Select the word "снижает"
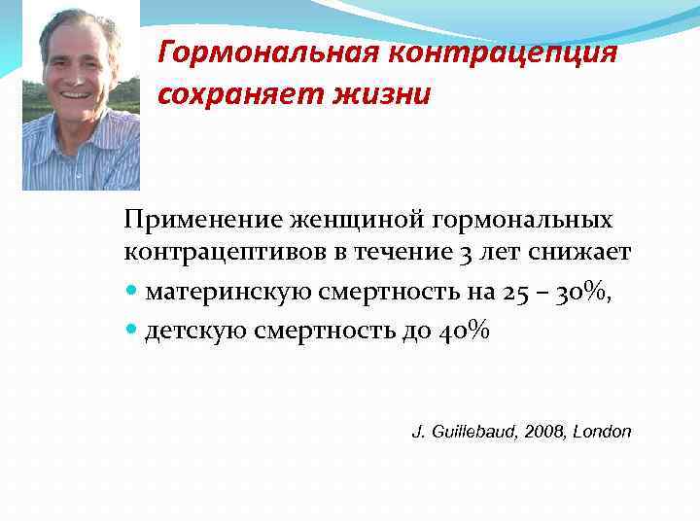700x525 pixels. pos(583,254)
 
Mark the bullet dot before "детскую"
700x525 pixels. pos(132,332)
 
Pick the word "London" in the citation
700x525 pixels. pos(602,432)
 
